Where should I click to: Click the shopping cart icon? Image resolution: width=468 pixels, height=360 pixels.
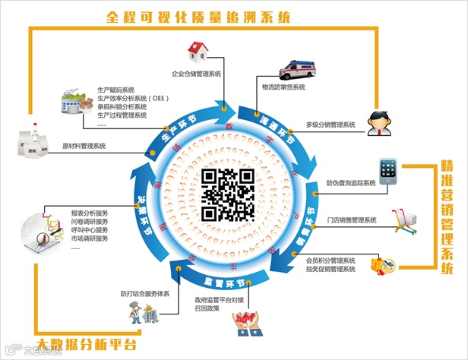(x=403, y=219)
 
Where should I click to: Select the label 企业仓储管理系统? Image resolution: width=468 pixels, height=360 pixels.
(x=196, y=74)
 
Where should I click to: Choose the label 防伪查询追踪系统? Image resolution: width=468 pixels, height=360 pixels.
(x=351, y=183)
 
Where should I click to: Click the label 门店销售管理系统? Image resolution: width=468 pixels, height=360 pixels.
(x=351, y=220)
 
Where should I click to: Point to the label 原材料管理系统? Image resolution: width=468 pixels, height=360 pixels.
(x=84, y=145)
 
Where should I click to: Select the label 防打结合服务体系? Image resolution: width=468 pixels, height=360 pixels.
(x=144, y=293)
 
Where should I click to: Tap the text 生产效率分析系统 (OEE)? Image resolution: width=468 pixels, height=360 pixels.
(x=133, y=98)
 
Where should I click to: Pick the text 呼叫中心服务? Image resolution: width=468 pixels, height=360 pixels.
(x=90, y=230)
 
